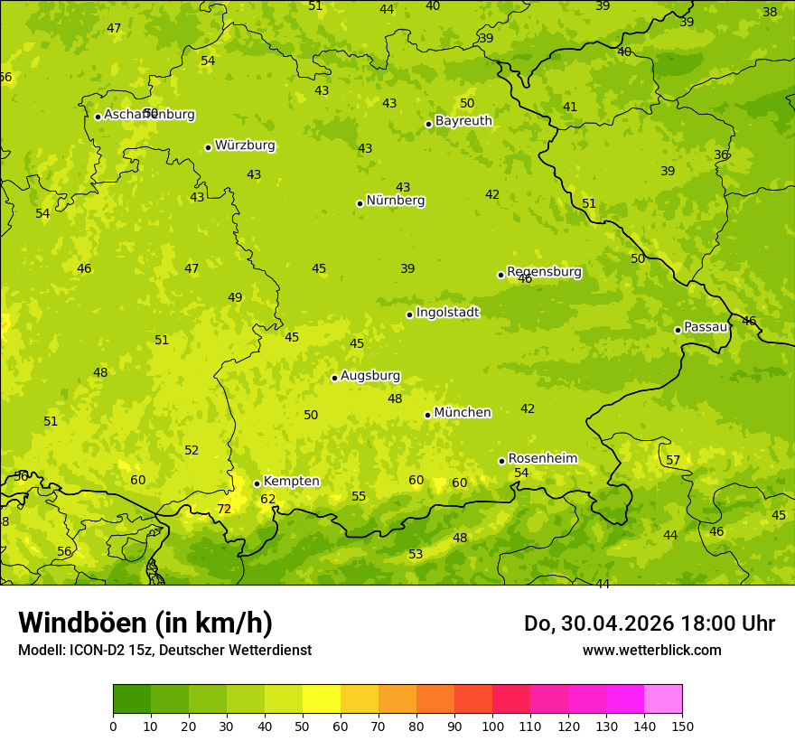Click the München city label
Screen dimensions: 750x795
[463, 413]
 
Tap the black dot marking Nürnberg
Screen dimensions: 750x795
[360, 203]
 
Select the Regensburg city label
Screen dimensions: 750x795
[544, 272]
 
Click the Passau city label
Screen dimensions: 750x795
[706, 327]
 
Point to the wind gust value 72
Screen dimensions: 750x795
[224, 510]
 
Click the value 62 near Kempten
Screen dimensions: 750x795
[268, 500]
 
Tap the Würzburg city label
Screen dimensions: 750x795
[245, 145]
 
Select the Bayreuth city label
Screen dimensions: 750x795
[463, 121]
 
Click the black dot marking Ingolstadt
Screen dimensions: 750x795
[409, 314]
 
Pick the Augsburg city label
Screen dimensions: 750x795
[370, 376]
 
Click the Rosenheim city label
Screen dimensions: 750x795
[542, 459]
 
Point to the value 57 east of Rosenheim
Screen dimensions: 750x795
[673, 461]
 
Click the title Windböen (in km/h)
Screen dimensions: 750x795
[145, 623]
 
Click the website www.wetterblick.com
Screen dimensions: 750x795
[651, 651]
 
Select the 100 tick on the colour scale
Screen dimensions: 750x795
[492, 726]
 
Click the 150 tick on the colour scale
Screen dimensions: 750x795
[682, 726]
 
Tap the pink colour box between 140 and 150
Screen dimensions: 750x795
[663, 699]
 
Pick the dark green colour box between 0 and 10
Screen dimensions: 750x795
[132, 699]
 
